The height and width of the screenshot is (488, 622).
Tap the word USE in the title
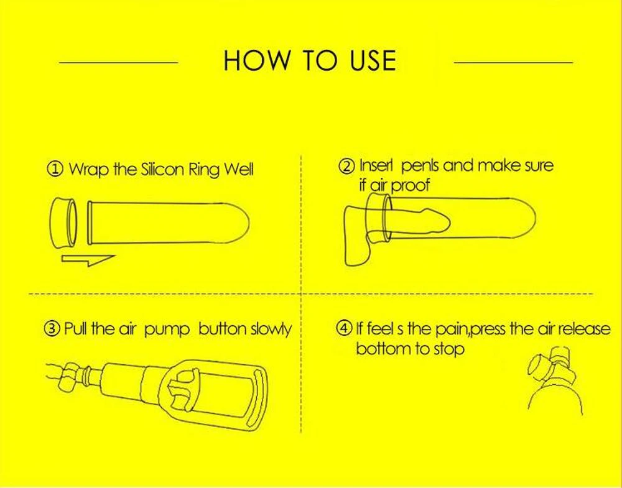[x=373, y=61]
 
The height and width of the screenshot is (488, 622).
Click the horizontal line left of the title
[x=118, y=62]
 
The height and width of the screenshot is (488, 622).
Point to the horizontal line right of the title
[x=513, y=62]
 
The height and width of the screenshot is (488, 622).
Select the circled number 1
[x=55, y=169]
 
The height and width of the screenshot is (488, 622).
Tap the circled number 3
[x=52, y=329]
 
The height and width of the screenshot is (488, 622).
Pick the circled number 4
[x=343, y=328]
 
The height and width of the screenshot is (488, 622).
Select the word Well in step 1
[x=238, y=169]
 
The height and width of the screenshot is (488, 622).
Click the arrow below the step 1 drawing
[x=88, y=260]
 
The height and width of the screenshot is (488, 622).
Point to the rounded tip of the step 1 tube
[x=242, y=222]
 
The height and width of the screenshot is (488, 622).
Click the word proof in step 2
[x=410, y=185]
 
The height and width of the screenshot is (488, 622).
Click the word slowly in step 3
[x=271, y=329]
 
